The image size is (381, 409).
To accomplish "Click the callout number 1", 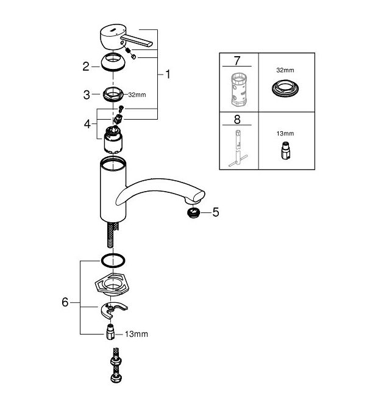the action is click(x=168, y=74).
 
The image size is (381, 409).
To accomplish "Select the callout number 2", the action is click(x=86, y=67).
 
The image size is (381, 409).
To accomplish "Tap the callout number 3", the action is click(x=87, y=95).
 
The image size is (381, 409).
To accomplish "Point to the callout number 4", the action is click(x=87, y=124).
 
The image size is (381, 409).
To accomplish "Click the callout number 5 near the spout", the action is click(x=216, y=212).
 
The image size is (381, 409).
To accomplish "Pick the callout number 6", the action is click(x=65, y=302).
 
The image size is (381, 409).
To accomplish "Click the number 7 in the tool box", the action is click(x=237, y=61).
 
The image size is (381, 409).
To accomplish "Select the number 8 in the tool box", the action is click(x=237, y=120).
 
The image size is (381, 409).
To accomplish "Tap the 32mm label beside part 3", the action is click(x=137, y=95).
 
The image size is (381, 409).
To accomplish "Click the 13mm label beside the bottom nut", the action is click(x=137, y=334).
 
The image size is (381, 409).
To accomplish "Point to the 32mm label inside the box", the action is click(x=285, y=70).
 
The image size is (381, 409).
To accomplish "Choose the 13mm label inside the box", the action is click(x=285, y=134).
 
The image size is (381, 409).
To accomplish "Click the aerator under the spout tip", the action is click(x=193, y=213).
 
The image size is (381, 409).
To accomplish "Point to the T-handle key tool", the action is click(x=238, y=149).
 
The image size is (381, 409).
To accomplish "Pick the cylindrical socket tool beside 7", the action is click(x=239, y=90).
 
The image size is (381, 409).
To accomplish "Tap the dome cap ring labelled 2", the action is click(x=113, y=63).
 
